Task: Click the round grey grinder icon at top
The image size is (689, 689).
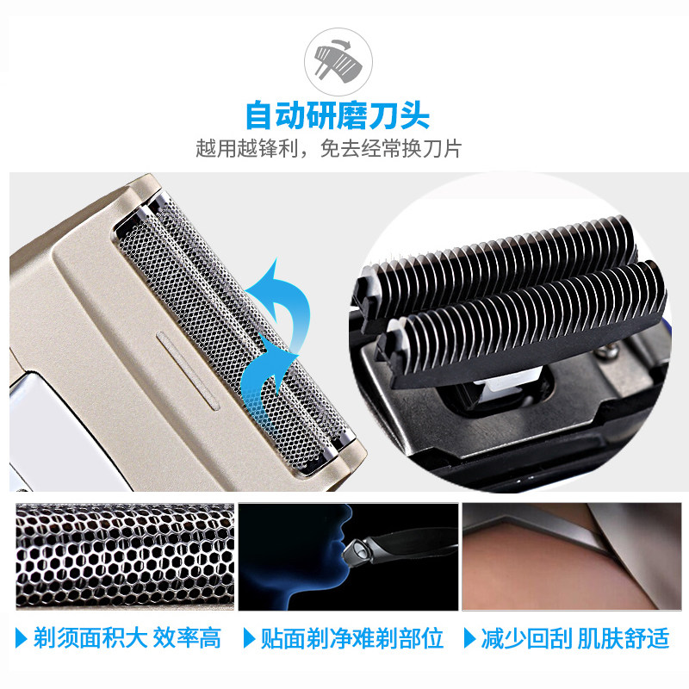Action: [338, 61]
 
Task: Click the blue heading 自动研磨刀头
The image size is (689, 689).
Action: [338, 115]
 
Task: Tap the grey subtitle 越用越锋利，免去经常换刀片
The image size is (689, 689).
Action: [329, 148]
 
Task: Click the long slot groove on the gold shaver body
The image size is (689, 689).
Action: [188, 371]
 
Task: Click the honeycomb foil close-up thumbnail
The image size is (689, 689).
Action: [125, 556]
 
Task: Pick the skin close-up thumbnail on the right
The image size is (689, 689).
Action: [572, 556]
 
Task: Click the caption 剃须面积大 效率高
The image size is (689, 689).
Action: [127, 638]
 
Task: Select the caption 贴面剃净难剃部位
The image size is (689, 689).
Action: [352, 638]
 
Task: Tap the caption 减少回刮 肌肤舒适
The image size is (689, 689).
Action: [574, 638]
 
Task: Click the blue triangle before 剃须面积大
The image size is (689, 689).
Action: [21, 638]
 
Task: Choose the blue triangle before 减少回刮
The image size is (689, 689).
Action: [469, 638]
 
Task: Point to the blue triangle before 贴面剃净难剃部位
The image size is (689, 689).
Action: [249, 638]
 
